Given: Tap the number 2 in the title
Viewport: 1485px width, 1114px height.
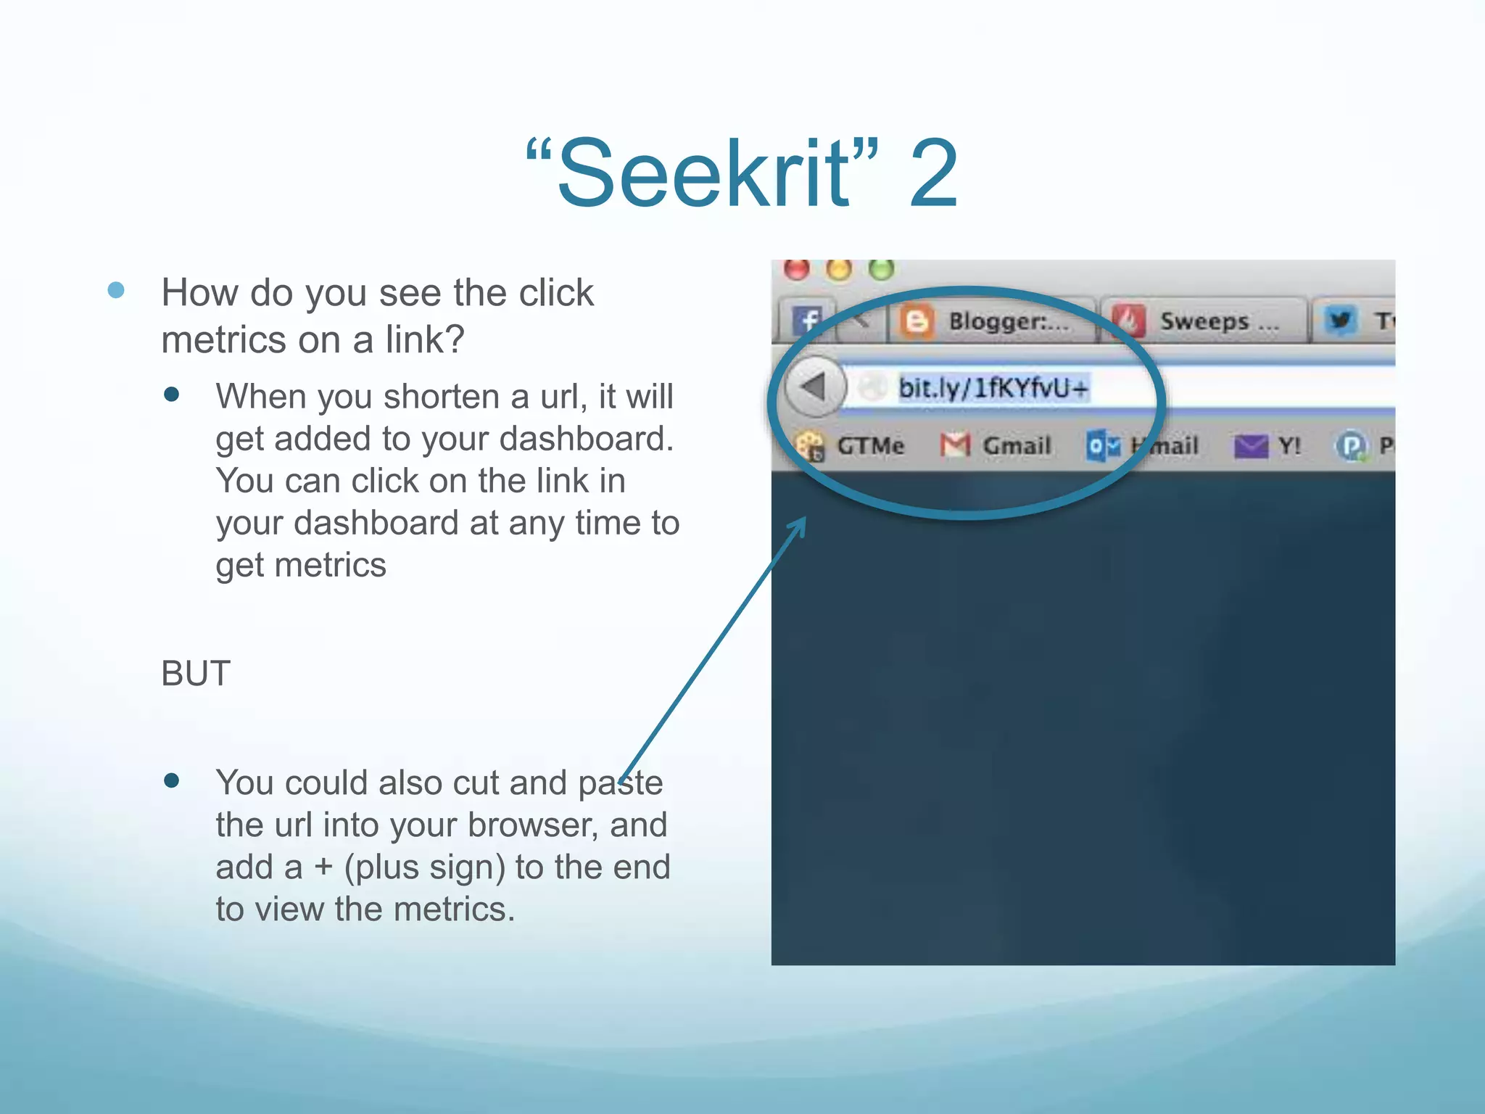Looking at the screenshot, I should pos(934,174).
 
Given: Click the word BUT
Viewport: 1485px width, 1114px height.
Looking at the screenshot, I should pos(196,674).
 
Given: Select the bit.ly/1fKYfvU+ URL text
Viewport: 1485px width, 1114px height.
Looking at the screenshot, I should pos(993,388).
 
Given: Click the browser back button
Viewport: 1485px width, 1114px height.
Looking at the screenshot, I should pos(814,387).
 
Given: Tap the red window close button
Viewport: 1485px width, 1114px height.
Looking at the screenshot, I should pos(797,269).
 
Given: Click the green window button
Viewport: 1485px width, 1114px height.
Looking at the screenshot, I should pos(882,269).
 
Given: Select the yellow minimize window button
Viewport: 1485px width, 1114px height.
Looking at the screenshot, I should pos(840,269).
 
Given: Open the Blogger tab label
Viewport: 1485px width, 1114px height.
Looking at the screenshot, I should pos(1008,321).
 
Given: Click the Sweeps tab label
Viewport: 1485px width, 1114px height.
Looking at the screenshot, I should pos(1218,321).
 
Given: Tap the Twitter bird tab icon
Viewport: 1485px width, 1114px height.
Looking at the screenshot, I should pos(1341,321).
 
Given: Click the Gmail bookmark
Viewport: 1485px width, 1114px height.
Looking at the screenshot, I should pos(1016,445).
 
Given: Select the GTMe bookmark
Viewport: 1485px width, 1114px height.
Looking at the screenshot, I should pos(869,445).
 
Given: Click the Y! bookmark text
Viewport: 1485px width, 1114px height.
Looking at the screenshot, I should pos(1289,445).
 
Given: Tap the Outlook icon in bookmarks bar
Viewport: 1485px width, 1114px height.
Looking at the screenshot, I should pos(1103,445).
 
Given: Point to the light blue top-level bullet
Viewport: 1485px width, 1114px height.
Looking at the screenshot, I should pos(116,291).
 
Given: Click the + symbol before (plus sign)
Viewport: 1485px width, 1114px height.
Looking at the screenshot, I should pos(323,867).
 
